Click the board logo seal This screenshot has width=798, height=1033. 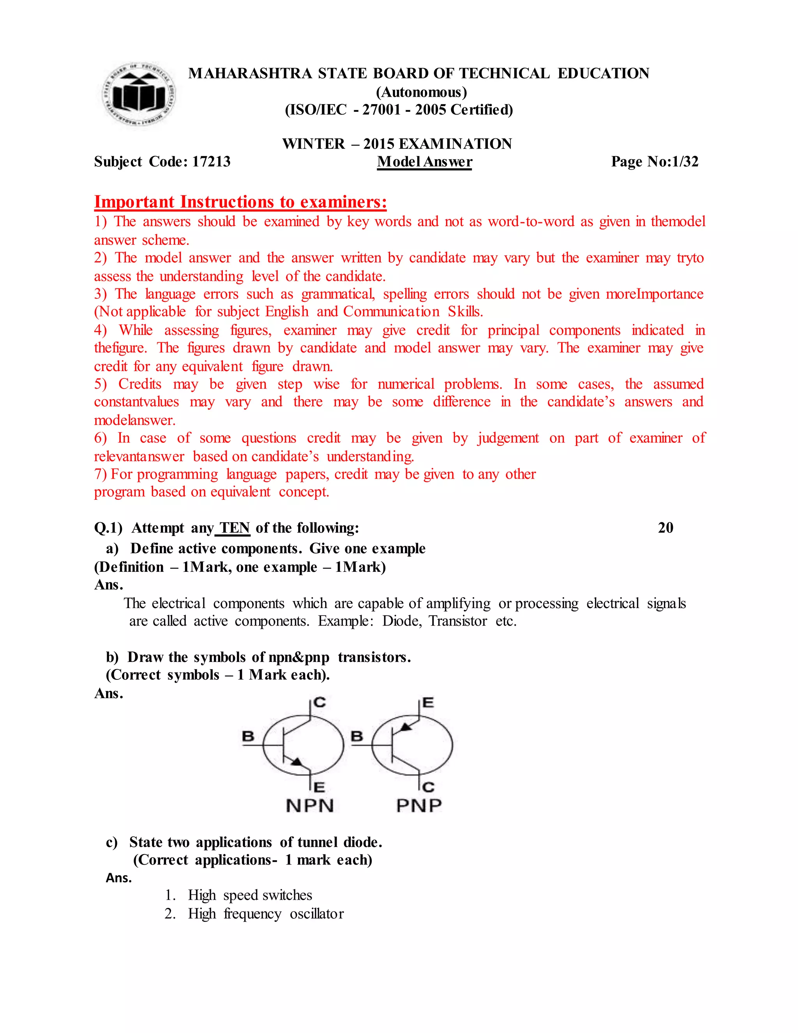click(138, 95)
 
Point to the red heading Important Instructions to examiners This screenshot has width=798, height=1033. click(240, 202)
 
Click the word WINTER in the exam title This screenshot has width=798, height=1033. click(313, 144)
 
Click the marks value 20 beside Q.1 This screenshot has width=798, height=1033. click(665, 528)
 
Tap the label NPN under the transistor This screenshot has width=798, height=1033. click(310, 805)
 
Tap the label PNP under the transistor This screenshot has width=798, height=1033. click(419, 805)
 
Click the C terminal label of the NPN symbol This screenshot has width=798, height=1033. click(320, 702)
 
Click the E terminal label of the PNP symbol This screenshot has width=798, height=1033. click(428, 703)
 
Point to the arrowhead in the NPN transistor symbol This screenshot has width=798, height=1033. click(297, 762)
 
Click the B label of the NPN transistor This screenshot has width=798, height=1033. click(248, 736)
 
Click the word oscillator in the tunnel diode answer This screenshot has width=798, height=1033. click(317, 914)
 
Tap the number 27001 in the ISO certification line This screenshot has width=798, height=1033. click(381, 110)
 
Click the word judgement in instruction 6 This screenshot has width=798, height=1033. click(508, 439)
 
